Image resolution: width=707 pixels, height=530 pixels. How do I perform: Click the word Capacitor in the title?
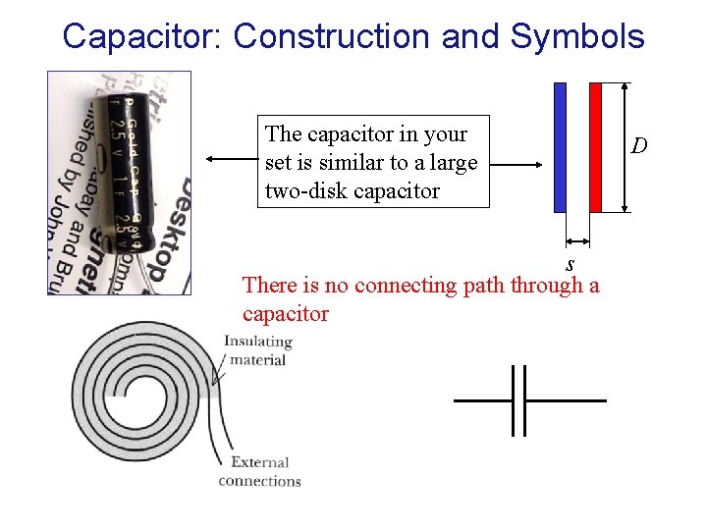click(x=142, y=36)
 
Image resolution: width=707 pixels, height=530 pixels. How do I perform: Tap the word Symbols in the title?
click(x=577, y=36)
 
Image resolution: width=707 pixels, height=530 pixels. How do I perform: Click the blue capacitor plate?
click(x=560, y=147)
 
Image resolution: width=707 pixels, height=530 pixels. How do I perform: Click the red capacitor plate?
click(x=595, y=147)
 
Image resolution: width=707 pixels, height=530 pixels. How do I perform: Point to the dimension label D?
click(x=639, y=146)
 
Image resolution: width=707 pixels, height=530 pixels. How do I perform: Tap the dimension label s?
click(x=570, y=264)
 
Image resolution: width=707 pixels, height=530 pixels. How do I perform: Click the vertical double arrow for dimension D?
click(x=625, y=147)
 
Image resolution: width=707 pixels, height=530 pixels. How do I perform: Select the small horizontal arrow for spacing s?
click(x=577, y=239)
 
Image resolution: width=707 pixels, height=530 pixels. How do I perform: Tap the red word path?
click(x=487, y=285)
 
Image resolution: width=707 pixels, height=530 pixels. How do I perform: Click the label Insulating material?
click(x=258, y=350)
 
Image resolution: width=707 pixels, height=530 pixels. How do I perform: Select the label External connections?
click(x=259, y=471)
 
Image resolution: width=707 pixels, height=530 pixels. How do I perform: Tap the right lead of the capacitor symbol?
click(x=567, y=400)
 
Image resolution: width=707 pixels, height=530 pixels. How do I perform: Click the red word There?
click(x=267, y=285)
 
